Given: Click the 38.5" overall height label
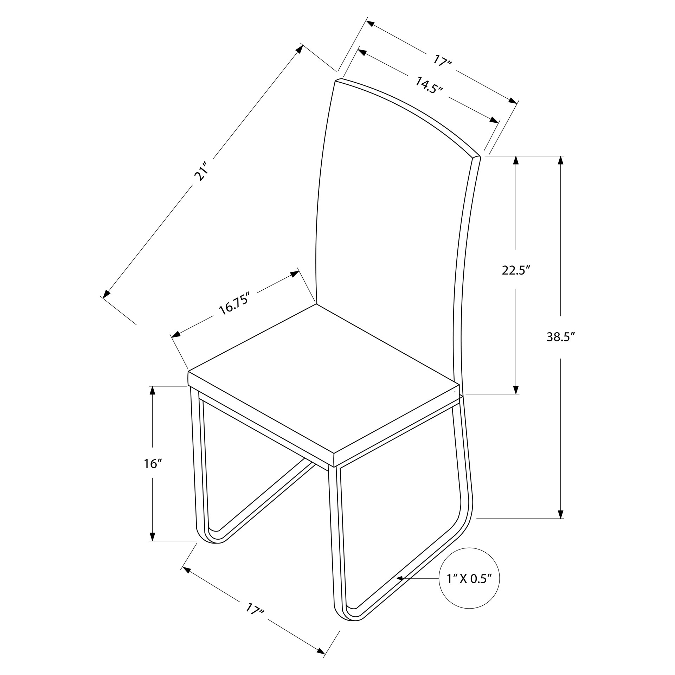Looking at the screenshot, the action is pos(560,337).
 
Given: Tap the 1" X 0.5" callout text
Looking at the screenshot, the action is pos(469,578).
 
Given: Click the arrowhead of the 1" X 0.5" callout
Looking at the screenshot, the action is pos(399,578).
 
